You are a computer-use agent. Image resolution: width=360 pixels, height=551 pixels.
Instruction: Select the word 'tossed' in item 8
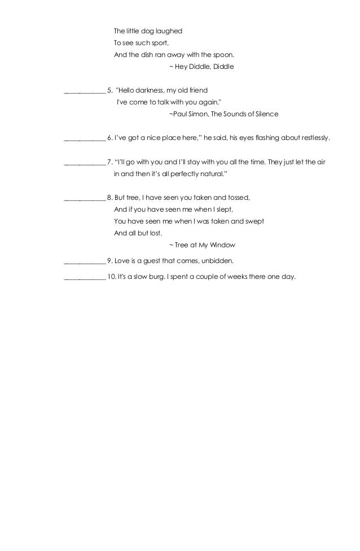click(x=236, y=198)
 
